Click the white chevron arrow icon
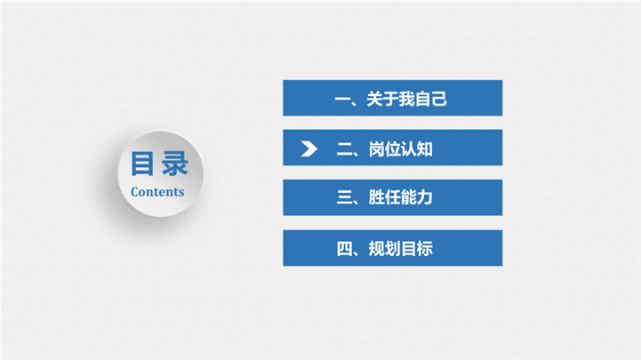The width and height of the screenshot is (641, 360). (309, 148)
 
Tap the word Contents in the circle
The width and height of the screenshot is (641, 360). (157, 192)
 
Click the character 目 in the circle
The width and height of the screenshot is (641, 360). (142, 164)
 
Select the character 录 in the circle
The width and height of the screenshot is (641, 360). (175, 164)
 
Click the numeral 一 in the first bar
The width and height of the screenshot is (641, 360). (342, 100)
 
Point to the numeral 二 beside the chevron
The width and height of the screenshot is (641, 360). (344, 149)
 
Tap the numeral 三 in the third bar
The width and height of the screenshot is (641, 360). (344, 197)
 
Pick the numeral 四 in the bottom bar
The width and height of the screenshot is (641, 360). (344, 249)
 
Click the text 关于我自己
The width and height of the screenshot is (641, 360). (407, 99)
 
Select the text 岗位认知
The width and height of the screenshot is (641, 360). (401, 149)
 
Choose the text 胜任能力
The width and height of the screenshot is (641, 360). (401, 197)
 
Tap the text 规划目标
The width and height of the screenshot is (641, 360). (401, 249)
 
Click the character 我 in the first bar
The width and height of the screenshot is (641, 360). (407, 99)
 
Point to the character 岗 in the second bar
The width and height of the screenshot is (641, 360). (376, 149)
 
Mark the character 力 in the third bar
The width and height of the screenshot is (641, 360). (425, 197)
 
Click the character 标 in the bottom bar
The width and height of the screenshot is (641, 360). (425, 249)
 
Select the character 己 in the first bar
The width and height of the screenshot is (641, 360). (439, 99)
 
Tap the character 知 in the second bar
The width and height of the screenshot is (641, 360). (425, 149)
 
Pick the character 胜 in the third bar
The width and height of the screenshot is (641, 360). (376, 197)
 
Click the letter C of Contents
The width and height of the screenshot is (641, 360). (135, 192)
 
